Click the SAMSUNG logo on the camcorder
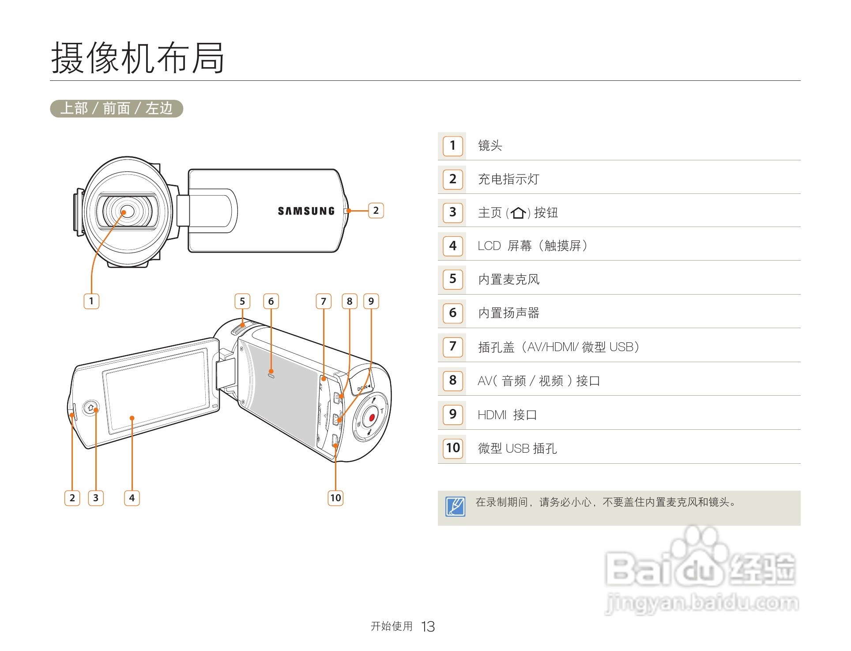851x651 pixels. coord(306,211)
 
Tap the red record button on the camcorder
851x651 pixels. coord(371,417)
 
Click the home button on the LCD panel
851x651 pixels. coord(91,408)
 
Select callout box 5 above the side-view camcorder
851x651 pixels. coord(242,301)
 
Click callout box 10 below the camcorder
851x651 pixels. coord(335,498)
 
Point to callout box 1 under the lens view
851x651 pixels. coord(91,301)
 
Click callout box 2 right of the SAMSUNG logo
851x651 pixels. coord(376,210)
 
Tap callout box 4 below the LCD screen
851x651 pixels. coord(132,498)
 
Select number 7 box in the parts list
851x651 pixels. coord(452,346)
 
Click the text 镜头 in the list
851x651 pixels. coord(490,145)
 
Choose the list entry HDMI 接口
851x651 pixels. coord(507,415)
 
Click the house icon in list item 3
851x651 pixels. coord(518,213)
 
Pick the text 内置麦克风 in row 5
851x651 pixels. coord(508,279)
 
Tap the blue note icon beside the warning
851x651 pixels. coord(455,507)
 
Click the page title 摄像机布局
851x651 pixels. coord(138,58)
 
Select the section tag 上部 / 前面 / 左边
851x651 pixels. coord(116,108)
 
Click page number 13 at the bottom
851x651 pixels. coord(428,626)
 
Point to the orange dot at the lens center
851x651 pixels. coord(124,212)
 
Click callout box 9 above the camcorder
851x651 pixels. coord(371,301)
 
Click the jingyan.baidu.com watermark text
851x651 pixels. coord(702,602)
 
